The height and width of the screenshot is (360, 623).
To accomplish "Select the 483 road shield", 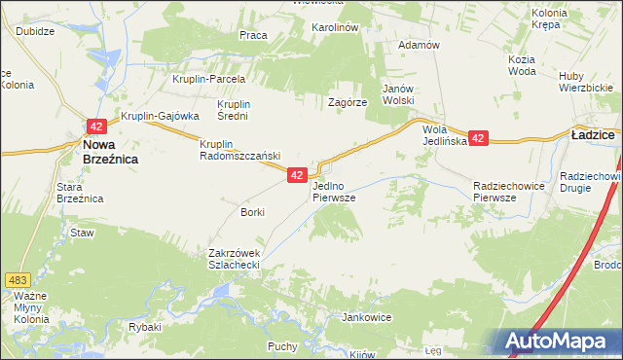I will pos(18,252).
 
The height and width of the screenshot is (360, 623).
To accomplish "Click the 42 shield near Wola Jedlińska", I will pos(478,139).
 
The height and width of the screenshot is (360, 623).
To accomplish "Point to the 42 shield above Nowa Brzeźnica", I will pos(95,126).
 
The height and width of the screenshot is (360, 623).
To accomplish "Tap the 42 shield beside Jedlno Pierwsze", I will pos(298,174).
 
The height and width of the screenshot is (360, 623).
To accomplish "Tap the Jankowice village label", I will pos(366,317).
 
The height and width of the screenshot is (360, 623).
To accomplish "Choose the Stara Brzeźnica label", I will pos(80,192).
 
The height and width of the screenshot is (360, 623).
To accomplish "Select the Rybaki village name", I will pos(144,327).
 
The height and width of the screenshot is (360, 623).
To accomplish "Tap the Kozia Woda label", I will pos(522,65).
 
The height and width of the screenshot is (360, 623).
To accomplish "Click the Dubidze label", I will pos(34,29).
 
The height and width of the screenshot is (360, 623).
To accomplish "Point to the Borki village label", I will pos(252,211).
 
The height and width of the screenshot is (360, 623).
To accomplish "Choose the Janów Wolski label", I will pos(398,93).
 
